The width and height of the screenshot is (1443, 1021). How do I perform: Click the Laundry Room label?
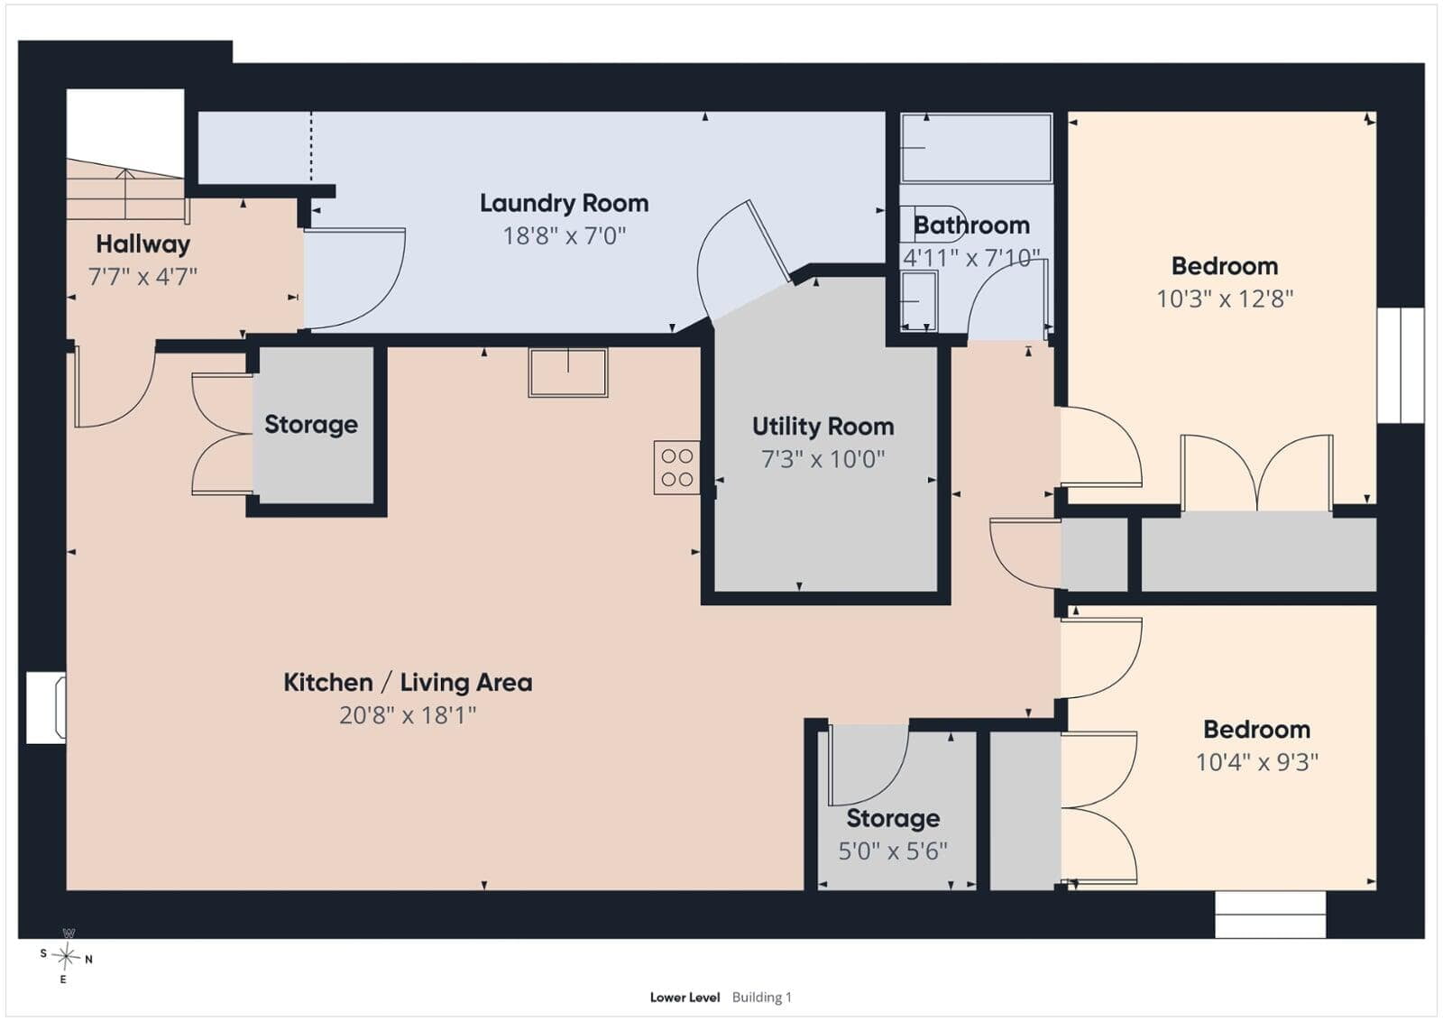[x=564, y=204]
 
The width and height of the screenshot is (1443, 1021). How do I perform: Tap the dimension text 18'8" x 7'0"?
[x=564, y=235]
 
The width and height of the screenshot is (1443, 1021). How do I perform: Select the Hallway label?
[x=143, y=244]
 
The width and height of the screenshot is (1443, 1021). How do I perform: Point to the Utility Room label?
[x=823, y=427]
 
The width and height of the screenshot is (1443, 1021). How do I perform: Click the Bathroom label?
[x=971, y=225]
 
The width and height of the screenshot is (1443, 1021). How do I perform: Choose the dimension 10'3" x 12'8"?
[x=1225, y=299]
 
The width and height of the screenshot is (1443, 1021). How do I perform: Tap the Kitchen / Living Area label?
[x=408, y=683]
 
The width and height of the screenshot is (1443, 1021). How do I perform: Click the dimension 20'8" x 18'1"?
[x=407, y=715]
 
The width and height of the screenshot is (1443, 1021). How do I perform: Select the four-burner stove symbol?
[x=676, y=468]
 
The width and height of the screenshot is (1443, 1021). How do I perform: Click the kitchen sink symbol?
[x=567, y=373]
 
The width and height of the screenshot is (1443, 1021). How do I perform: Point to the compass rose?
[x=66, y=957]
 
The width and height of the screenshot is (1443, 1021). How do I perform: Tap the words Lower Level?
[x=685, y=998]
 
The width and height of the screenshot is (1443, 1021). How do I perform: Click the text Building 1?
[x=761, y=998]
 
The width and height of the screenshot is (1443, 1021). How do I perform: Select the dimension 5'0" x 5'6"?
[x=892, y=851]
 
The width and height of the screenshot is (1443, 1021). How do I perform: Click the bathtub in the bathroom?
[x=976, y=148]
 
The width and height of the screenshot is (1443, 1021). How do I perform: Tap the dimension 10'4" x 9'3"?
[x=1257, y=762]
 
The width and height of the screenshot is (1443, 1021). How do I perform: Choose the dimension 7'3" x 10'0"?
[x=823, y=459]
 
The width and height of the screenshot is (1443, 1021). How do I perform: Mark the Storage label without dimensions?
[x=311, y=425]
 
